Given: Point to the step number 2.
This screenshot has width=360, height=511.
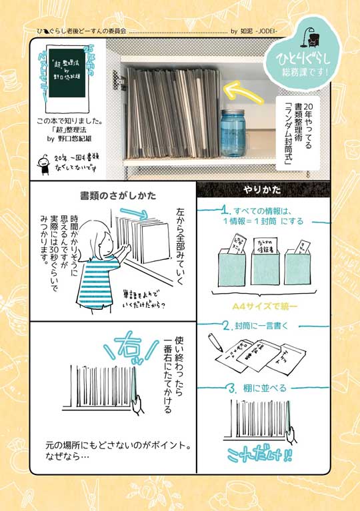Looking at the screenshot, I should tap(227, 326).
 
